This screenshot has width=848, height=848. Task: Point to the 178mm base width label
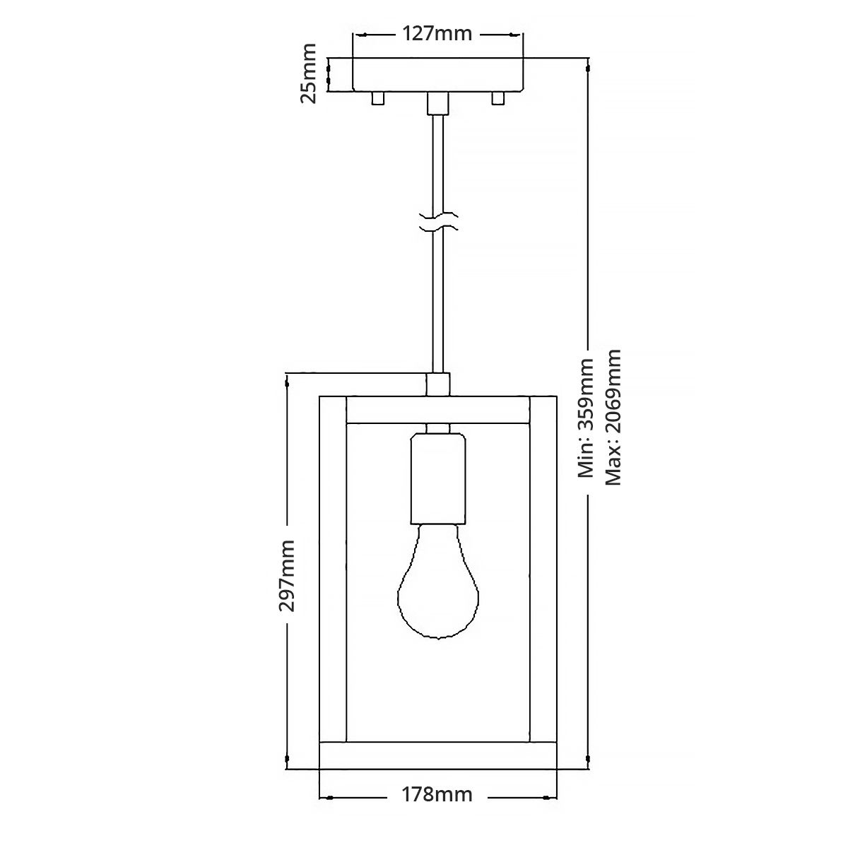tap(437, 815)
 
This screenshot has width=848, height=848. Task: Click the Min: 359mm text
tap(587, 418)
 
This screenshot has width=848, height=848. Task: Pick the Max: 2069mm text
tap(613, 417)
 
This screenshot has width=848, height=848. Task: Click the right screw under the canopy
tap(498, 98)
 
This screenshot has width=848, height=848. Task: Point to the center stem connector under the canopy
tap(438, 103)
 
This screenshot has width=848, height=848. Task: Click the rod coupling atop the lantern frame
tap(438, 384)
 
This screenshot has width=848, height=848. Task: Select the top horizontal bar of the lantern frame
tap(437, 411)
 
